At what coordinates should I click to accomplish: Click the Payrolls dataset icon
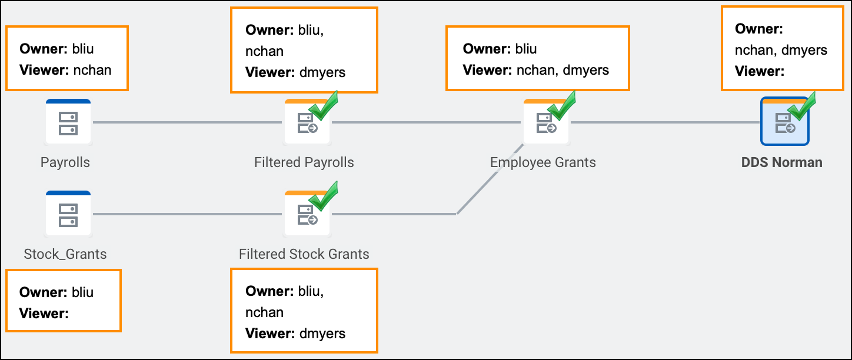point(68,122)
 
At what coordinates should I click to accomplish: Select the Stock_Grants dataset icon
point(68,214)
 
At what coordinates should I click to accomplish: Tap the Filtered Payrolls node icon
point(307,122)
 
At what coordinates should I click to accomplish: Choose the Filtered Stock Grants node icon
point(307,214)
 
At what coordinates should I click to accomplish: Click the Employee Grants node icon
point(546,122)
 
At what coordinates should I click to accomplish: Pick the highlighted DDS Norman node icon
point(785,121)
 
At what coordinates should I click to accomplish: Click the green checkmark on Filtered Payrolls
point(324,105)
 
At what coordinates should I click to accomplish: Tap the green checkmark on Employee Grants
point(562,105)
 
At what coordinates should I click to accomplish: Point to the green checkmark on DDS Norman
point(802,106)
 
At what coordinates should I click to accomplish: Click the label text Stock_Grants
point(65,254)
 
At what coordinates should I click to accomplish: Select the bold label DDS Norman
point(781,162)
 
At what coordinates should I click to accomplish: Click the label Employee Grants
point(543,162)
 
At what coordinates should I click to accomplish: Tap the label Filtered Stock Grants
point(304,254)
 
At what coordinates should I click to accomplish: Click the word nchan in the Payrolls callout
point(92,70)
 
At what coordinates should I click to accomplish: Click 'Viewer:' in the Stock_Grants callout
point(44,314)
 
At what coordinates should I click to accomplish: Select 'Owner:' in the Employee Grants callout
point(487,49)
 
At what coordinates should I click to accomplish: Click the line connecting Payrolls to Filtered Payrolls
point(188,122)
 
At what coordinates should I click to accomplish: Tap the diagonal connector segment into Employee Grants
point(490,179)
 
